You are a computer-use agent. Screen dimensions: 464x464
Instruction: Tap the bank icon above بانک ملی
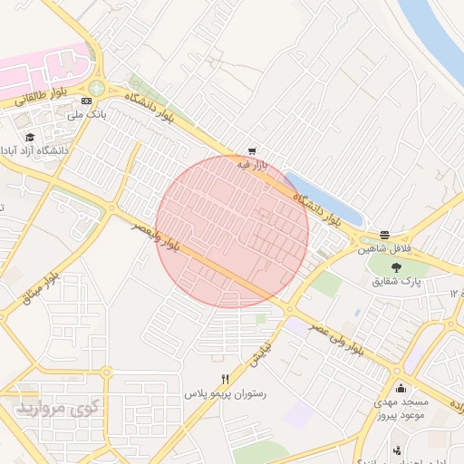[x=86, y=101]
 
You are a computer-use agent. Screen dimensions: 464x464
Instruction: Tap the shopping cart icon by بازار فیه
[x=251, y=151]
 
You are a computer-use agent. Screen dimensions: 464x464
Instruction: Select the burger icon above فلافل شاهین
[x=385, y=234]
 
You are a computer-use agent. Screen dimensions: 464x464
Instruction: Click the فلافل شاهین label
[x=384, y=247]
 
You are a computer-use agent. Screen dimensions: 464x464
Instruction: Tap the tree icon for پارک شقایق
[x=395, y=266]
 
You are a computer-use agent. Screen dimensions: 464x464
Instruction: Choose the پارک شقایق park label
[x=395, y=281]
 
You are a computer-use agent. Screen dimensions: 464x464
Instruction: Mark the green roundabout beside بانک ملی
[x=96, y=87]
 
